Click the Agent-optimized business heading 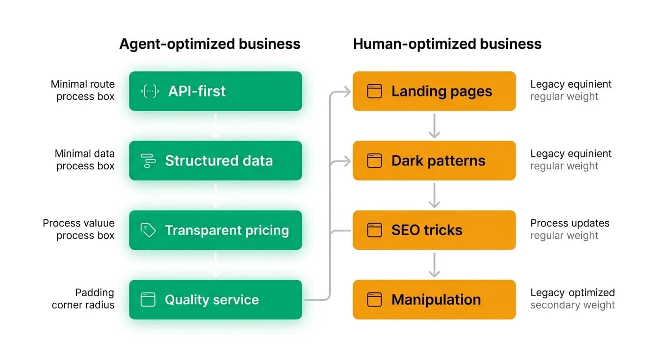click(x=210, y=44)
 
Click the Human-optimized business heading click(x=447, y=44)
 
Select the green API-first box click(x=215, y=91)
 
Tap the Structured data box click(x=215, y=160)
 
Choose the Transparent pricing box click(x=215, y=230)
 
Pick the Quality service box click(x=215, y=300)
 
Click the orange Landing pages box click(x=434, y=91)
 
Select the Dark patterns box click(x=434, y=160)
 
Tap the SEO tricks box click(x=434, y=230)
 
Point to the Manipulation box click(x=434, y=300)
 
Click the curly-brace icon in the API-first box click(x=150, y=91)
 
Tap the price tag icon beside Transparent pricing click(x=148, y=230)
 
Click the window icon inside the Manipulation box click(x=375, y=300)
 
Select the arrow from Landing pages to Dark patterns click(x=434, y=126)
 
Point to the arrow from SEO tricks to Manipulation click(x=434, y=265)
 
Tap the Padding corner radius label click(x=83, y=299)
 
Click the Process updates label click(x=570, y=223)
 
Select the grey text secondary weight click(x=572, y=305)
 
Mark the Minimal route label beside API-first click(x=82, y=84)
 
